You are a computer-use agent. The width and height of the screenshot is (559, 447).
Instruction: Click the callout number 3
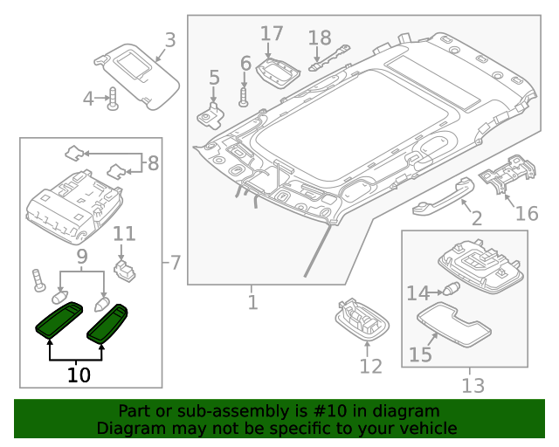click(x=169, y=39)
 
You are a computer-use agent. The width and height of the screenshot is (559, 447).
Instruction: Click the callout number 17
click(x=272, y=34)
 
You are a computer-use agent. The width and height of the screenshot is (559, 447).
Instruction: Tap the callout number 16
click(x=527, y=214)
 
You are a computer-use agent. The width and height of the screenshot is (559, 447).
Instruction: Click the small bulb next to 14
click(x=452, y=292)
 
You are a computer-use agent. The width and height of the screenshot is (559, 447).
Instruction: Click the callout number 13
click(x=473, y=385)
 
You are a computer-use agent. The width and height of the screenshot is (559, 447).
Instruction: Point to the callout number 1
click(x=252, y=303)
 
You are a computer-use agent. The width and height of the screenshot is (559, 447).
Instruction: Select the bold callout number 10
click(x=79, y=375)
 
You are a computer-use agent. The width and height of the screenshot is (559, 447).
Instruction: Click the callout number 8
click(x=153, y=162)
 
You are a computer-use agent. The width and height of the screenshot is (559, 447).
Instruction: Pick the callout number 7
click(x=175, y=261)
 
